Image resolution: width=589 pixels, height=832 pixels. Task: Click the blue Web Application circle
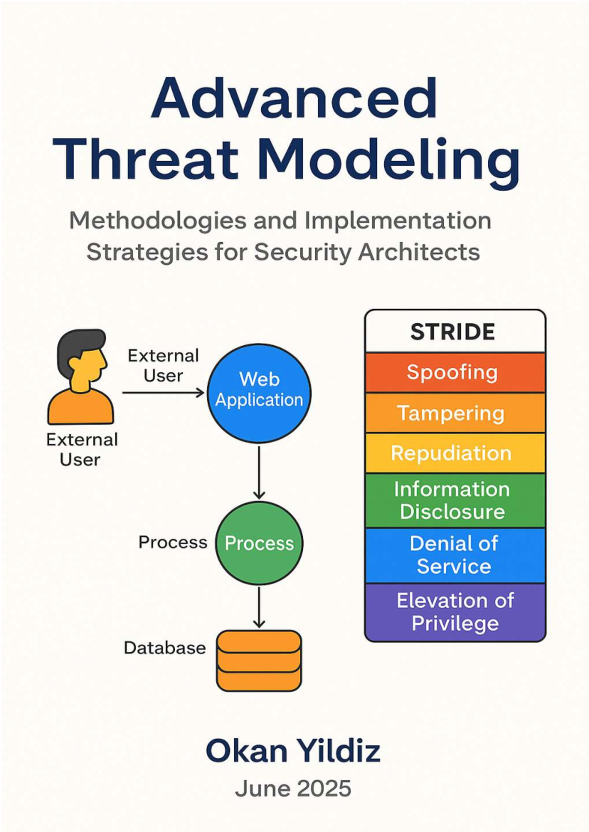(259, 393)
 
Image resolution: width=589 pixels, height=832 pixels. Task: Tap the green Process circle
(259, 543)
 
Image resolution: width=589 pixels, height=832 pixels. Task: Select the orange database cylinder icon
(259, 661)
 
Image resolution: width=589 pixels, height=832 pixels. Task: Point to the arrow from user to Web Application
(162, 392)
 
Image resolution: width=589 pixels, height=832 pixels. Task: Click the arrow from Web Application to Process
(259, 471)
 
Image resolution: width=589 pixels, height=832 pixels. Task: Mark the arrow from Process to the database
(259, 607)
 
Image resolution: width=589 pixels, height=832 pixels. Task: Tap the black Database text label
(164, 648)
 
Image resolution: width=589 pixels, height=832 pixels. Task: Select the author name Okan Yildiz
(293, 750)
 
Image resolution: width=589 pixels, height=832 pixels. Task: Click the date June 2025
(293, 789)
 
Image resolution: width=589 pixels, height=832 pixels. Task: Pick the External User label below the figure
(81, 449)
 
